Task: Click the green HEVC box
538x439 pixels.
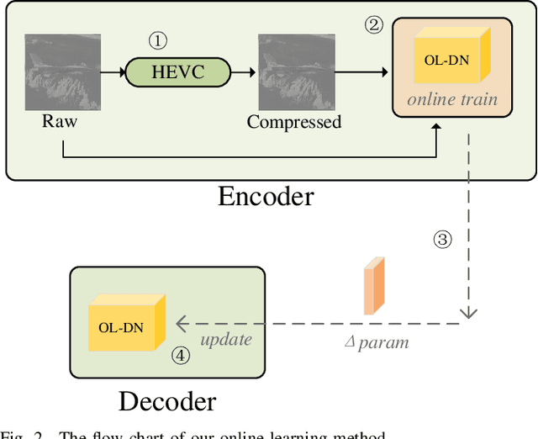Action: [x=177, y=72]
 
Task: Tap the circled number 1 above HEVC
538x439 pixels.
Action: [x=158, y=40]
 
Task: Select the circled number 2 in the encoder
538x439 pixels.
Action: [x=373, y=24]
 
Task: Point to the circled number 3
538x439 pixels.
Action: [x=442, y=240]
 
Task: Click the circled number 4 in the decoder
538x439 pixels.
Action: [x=180, y=355]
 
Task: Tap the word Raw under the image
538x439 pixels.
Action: [x=60, y=122]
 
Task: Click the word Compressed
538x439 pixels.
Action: [x=294, y=122]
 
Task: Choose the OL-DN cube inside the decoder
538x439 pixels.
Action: [x=126, y=325]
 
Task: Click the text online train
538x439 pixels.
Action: [x=453, y=99]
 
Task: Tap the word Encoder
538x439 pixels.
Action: [x=266, y=196]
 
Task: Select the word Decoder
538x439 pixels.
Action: [x=167, y=401]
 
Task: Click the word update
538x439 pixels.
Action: [x=225, y=340]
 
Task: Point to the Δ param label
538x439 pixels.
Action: [x=379, y=342]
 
